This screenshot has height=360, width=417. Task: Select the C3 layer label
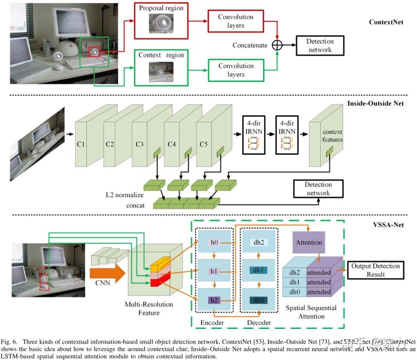[139, 144]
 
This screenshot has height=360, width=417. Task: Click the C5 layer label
[204, 144]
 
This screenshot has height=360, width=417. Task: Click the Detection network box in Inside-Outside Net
[318, 188]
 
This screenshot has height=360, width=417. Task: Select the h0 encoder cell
[214, 241]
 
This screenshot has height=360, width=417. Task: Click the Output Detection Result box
[376, 270]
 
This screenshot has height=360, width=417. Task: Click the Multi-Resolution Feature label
[148, 309]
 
